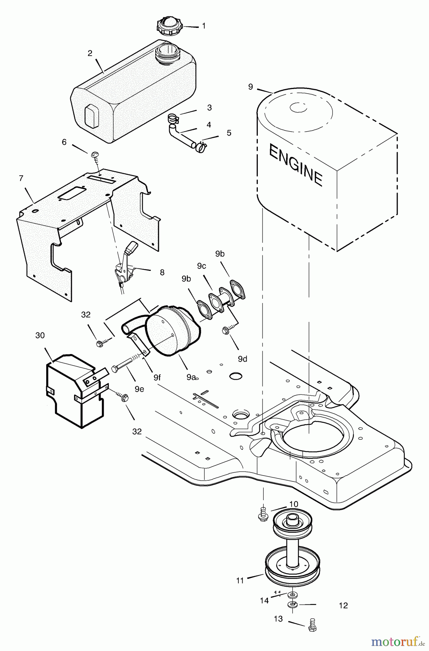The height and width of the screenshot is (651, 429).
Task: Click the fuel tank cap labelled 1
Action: tap(169, 26)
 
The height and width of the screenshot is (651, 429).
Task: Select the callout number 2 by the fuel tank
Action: tap(90, 53)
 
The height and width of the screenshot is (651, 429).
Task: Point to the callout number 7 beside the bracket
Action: tap(21, 178)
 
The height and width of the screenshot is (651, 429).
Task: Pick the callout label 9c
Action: tap(201, 266)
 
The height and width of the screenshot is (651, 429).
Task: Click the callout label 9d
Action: tap(243, 359)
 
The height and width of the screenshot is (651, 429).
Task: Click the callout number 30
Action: tap(40, 336)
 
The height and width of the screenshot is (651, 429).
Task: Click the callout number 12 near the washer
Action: tap(343, 605)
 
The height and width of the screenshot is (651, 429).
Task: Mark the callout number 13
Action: tap(278, 619)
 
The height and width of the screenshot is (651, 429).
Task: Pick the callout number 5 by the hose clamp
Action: tap(229, 133)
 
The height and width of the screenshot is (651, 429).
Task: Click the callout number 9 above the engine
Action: tap(251, 87)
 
